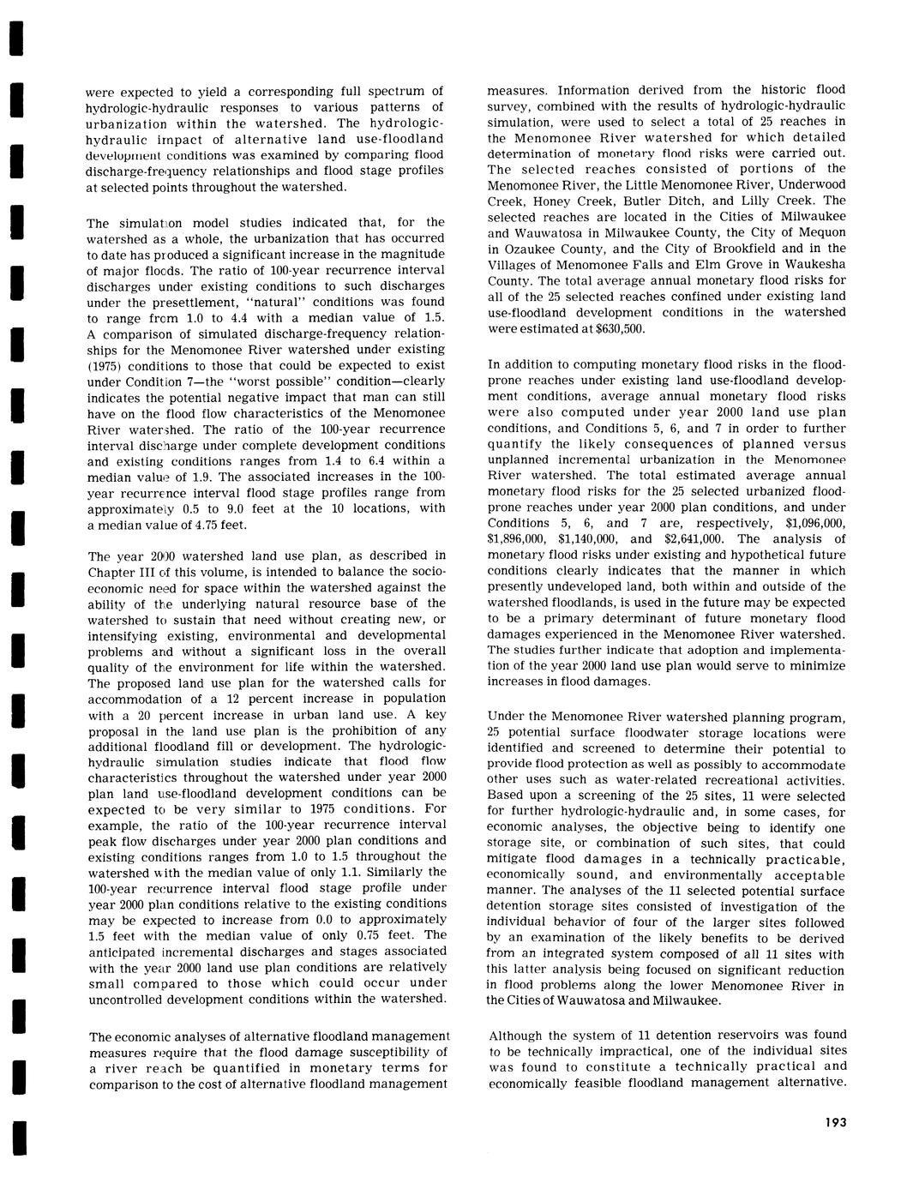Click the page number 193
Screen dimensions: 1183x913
pos(831,1123)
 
